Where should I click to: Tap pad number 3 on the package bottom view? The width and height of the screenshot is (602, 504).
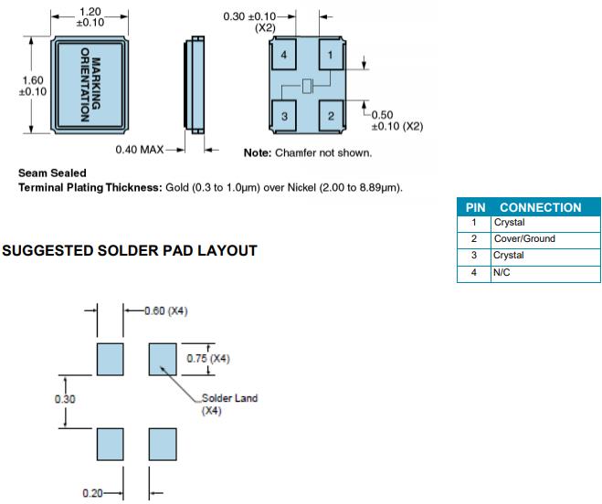(x=285, y=115)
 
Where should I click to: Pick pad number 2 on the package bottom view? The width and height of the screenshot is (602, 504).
(x=330, y=115)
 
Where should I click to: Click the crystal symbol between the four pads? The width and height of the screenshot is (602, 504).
(x=308, y=87)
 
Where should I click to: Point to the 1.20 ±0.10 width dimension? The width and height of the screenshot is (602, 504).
(x=89, y=16)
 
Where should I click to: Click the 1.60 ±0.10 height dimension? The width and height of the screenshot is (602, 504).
(x=32, y=86)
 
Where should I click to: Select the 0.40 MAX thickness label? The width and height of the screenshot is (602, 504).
(x=139, y=150)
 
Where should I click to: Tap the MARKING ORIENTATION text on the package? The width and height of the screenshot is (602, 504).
(x=90, y=84)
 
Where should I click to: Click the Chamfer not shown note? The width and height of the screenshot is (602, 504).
(x=308, y=152)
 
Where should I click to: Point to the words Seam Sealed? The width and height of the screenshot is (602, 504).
(x=52, y=173)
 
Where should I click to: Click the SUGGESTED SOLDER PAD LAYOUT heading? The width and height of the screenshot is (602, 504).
(x=131, y=250)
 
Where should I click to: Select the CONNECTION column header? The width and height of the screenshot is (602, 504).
(x=540, y=207)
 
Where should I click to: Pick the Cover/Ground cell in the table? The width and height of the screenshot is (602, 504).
(x=524, y=239)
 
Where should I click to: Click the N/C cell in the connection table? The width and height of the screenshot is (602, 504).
(x=502, y=272)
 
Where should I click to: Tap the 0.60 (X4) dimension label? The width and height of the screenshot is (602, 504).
(x=165, y=310)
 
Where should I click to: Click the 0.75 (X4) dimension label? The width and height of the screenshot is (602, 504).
(x=208, y=359)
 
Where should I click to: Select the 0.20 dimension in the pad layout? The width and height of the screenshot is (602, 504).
(x=92, y=493)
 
